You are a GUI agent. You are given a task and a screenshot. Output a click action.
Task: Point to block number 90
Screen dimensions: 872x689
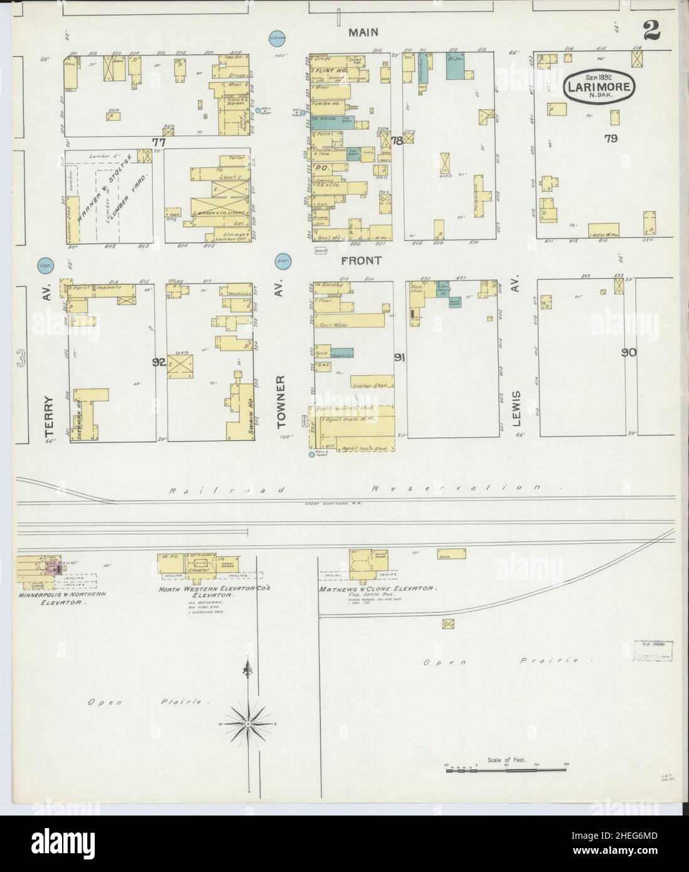[x=628, y=353]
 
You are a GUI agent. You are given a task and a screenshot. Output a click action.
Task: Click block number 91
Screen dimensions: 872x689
[x=398, y=358]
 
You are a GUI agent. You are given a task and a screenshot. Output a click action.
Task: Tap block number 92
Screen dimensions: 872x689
[x=159, y=362]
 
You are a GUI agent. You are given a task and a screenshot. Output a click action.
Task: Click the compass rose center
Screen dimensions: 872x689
[x=249, y=724]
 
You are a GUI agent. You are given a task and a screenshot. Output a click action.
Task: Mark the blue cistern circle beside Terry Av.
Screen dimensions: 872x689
[x=45, y=266]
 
